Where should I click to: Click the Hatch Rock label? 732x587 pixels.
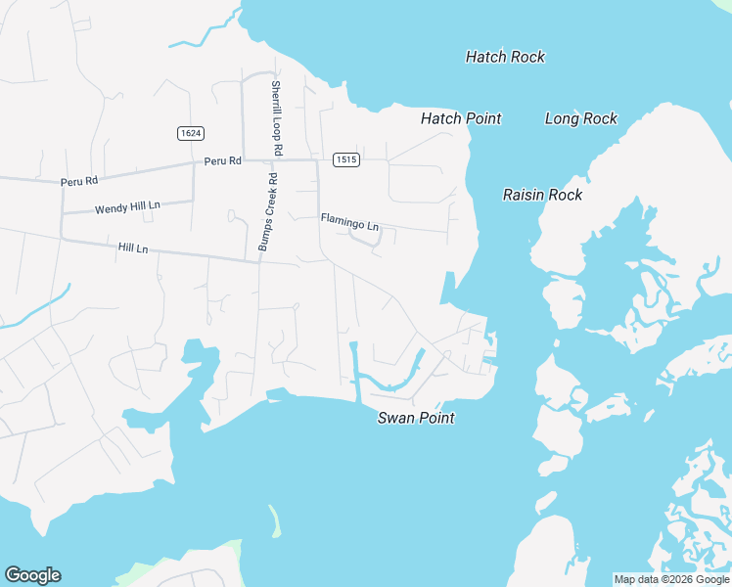click(x=505, y=57)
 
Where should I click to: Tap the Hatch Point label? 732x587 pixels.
click(x=461, y=118)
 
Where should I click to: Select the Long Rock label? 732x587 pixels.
click(x=581, y=118)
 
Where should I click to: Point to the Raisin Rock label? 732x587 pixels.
click(x=542, y=195)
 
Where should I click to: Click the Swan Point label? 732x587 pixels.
click(x=416, y=418)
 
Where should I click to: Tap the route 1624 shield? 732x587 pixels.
click(x=191, y=133)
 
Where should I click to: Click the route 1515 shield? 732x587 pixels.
click(x=345, y=159)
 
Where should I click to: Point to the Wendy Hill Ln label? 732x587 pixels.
click(x=126, y=208)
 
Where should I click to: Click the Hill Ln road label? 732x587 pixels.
click(x=132, y=248)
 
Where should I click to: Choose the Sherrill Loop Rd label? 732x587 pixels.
click(x=277, y=118)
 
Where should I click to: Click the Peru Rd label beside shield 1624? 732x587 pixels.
click(x=222, y=160)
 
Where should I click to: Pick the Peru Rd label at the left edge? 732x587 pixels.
click(x=79, y=181)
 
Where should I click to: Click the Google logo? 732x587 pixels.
click(x=32, y=575)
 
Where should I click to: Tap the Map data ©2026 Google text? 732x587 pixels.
click(x=671, y=579)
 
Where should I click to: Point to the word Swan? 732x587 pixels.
click(x=397, y=418)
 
